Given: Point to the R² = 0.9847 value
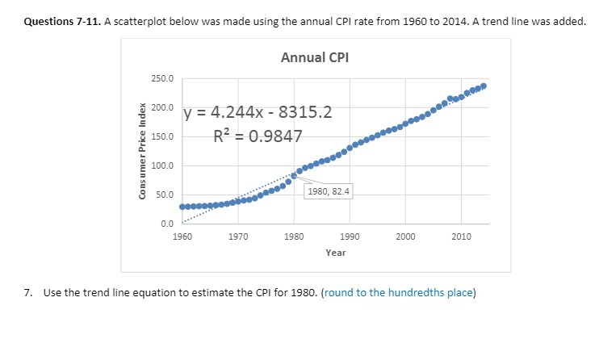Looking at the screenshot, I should click(x=258, y=136).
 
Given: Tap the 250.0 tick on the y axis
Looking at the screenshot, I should click(x=161, y=78).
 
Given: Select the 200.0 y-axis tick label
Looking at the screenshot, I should click(x=161, y=107).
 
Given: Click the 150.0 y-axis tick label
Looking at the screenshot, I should click(x=161, y=136).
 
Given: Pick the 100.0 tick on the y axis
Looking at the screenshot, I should click(x=161, y=166).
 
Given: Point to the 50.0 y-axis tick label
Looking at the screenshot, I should click(x=163, y=195).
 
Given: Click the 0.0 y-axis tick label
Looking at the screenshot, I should click(x=165, y=224).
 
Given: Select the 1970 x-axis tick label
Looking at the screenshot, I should click(x=238, y=236).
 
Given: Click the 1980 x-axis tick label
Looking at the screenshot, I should click(x=294, y=236).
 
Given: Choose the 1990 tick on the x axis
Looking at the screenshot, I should click(x=350, y=236).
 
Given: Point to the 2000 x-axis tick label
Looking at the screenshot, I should click(x=405, y=236).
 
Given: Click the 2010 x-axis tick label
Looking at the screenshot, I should click(x=461, y=236).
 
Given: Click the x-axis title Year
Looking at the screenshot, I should click(x=336, y=253).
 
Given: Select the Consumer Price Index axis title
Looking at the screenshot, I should click(x=143, y=152).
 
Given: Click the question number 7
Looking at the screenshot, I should click(x=27, y=292).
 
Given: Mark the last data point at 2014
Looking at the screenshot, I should click(x=484, y=86).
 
